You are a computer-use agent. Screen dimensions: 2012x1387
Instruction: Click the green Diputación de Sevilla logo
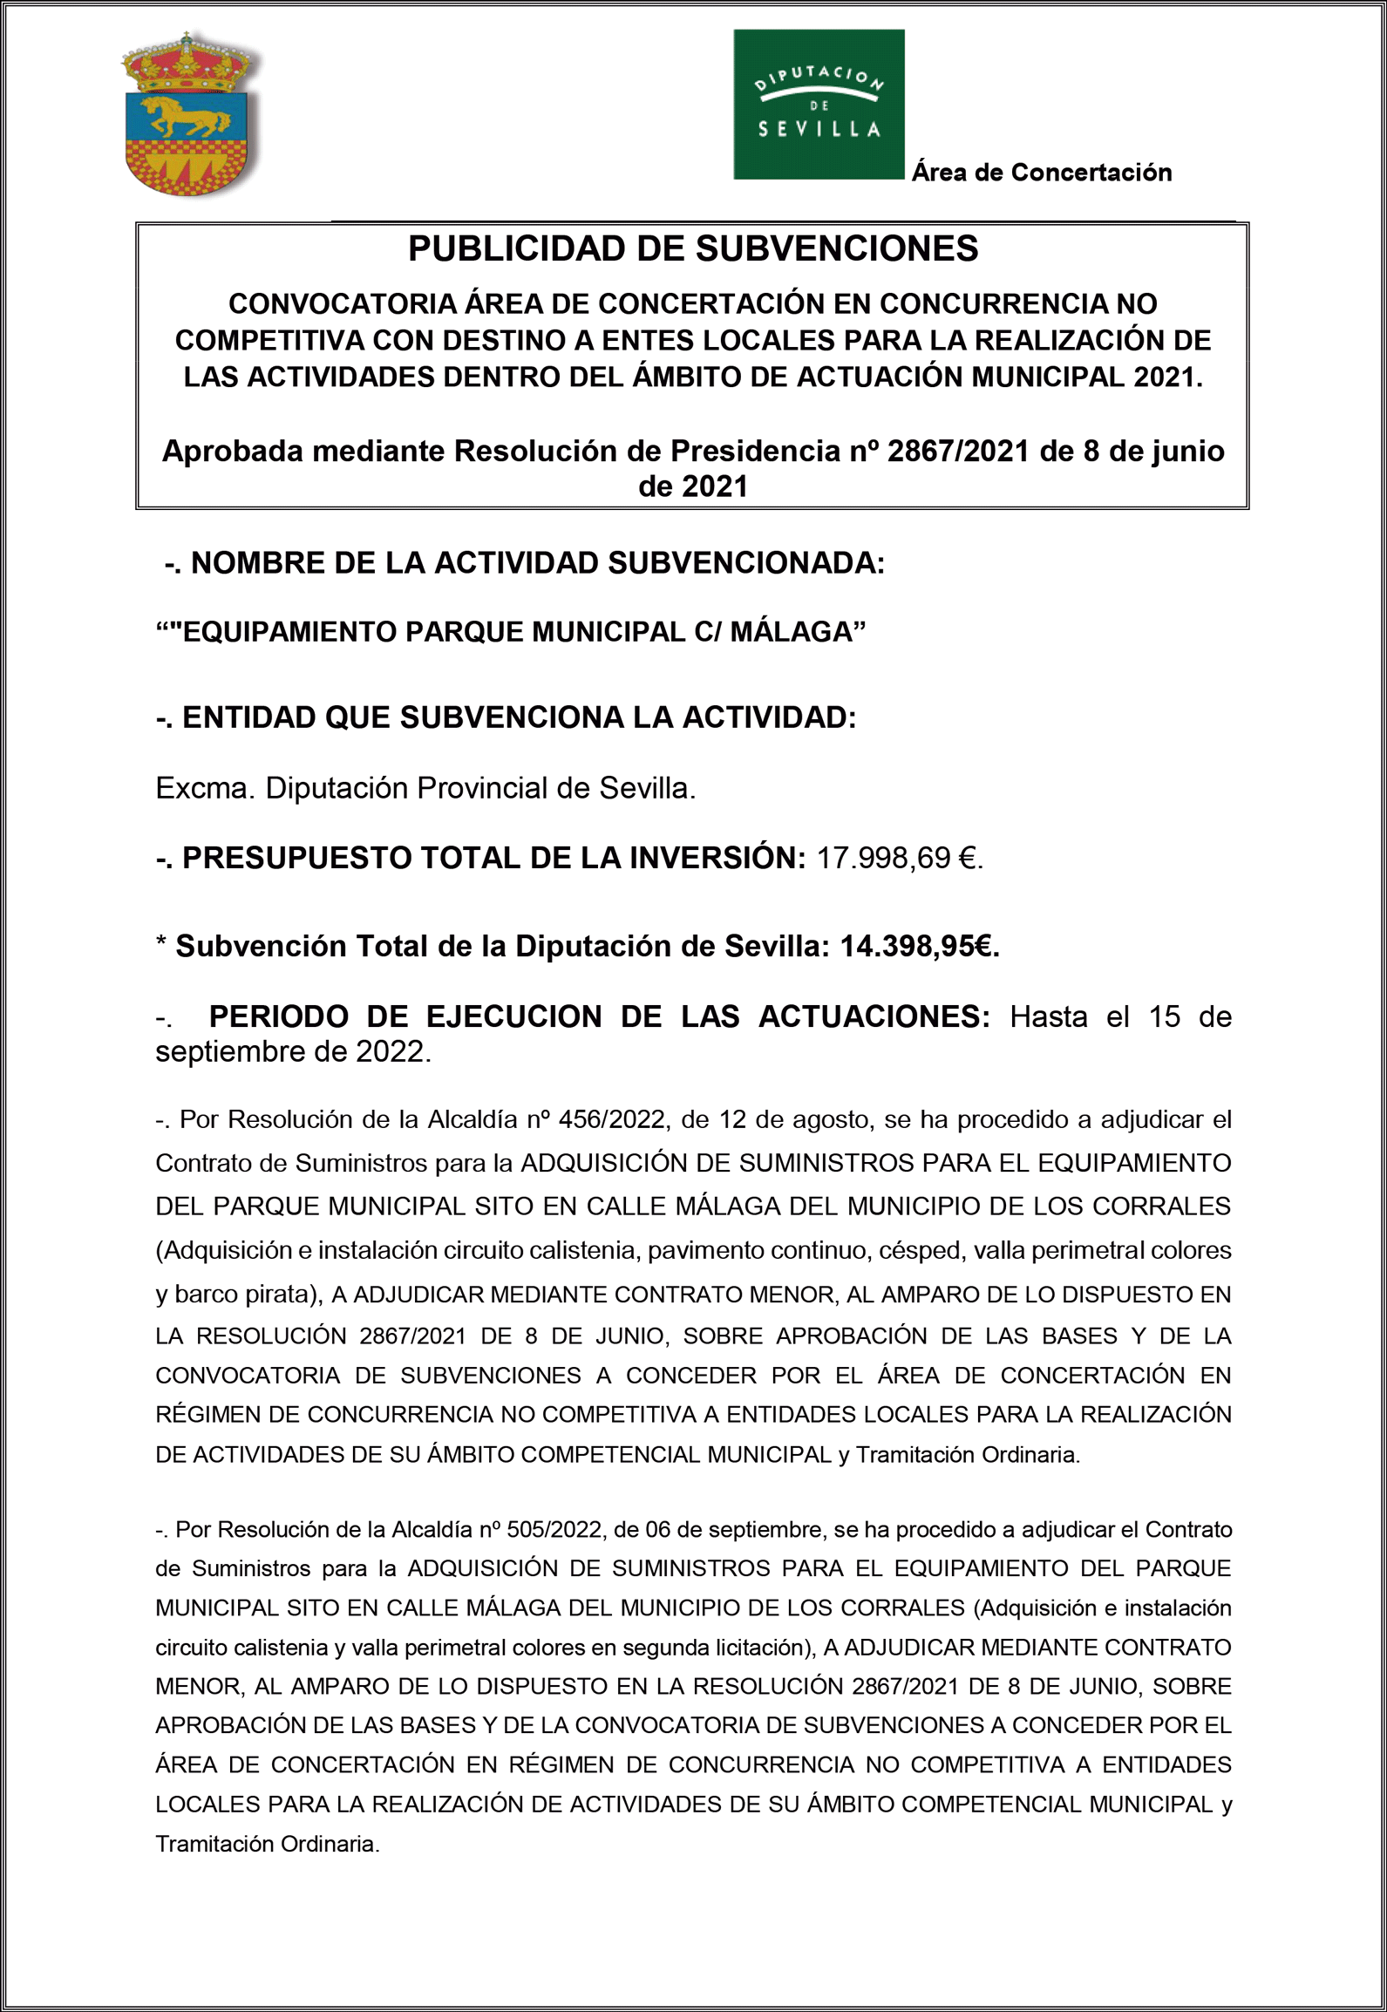tap(818, 105)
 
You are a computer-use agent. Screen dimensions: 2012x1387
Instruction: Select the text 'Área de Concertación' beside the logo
tap(1041, 173)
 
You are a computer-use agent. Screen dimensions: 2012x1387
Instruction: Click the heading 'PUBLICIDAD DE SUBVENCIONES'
tap(693, 249)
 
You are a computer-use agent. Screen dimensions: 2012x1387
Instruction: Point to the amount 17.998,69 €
tap(898, 859)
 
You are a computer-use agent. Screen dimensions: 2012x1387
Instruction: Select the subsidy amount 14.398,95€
tap(919, 947)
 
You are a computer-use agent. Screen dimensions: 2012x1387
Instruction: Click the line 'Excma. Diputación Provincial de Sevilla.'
tap(425, 788)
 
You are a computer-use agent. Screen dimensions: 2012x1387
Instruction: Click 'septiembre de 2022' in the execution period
tap(293, 1052)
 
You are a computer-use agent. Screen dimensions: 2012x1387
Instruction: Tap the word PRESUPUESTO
tap(296, 859)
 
